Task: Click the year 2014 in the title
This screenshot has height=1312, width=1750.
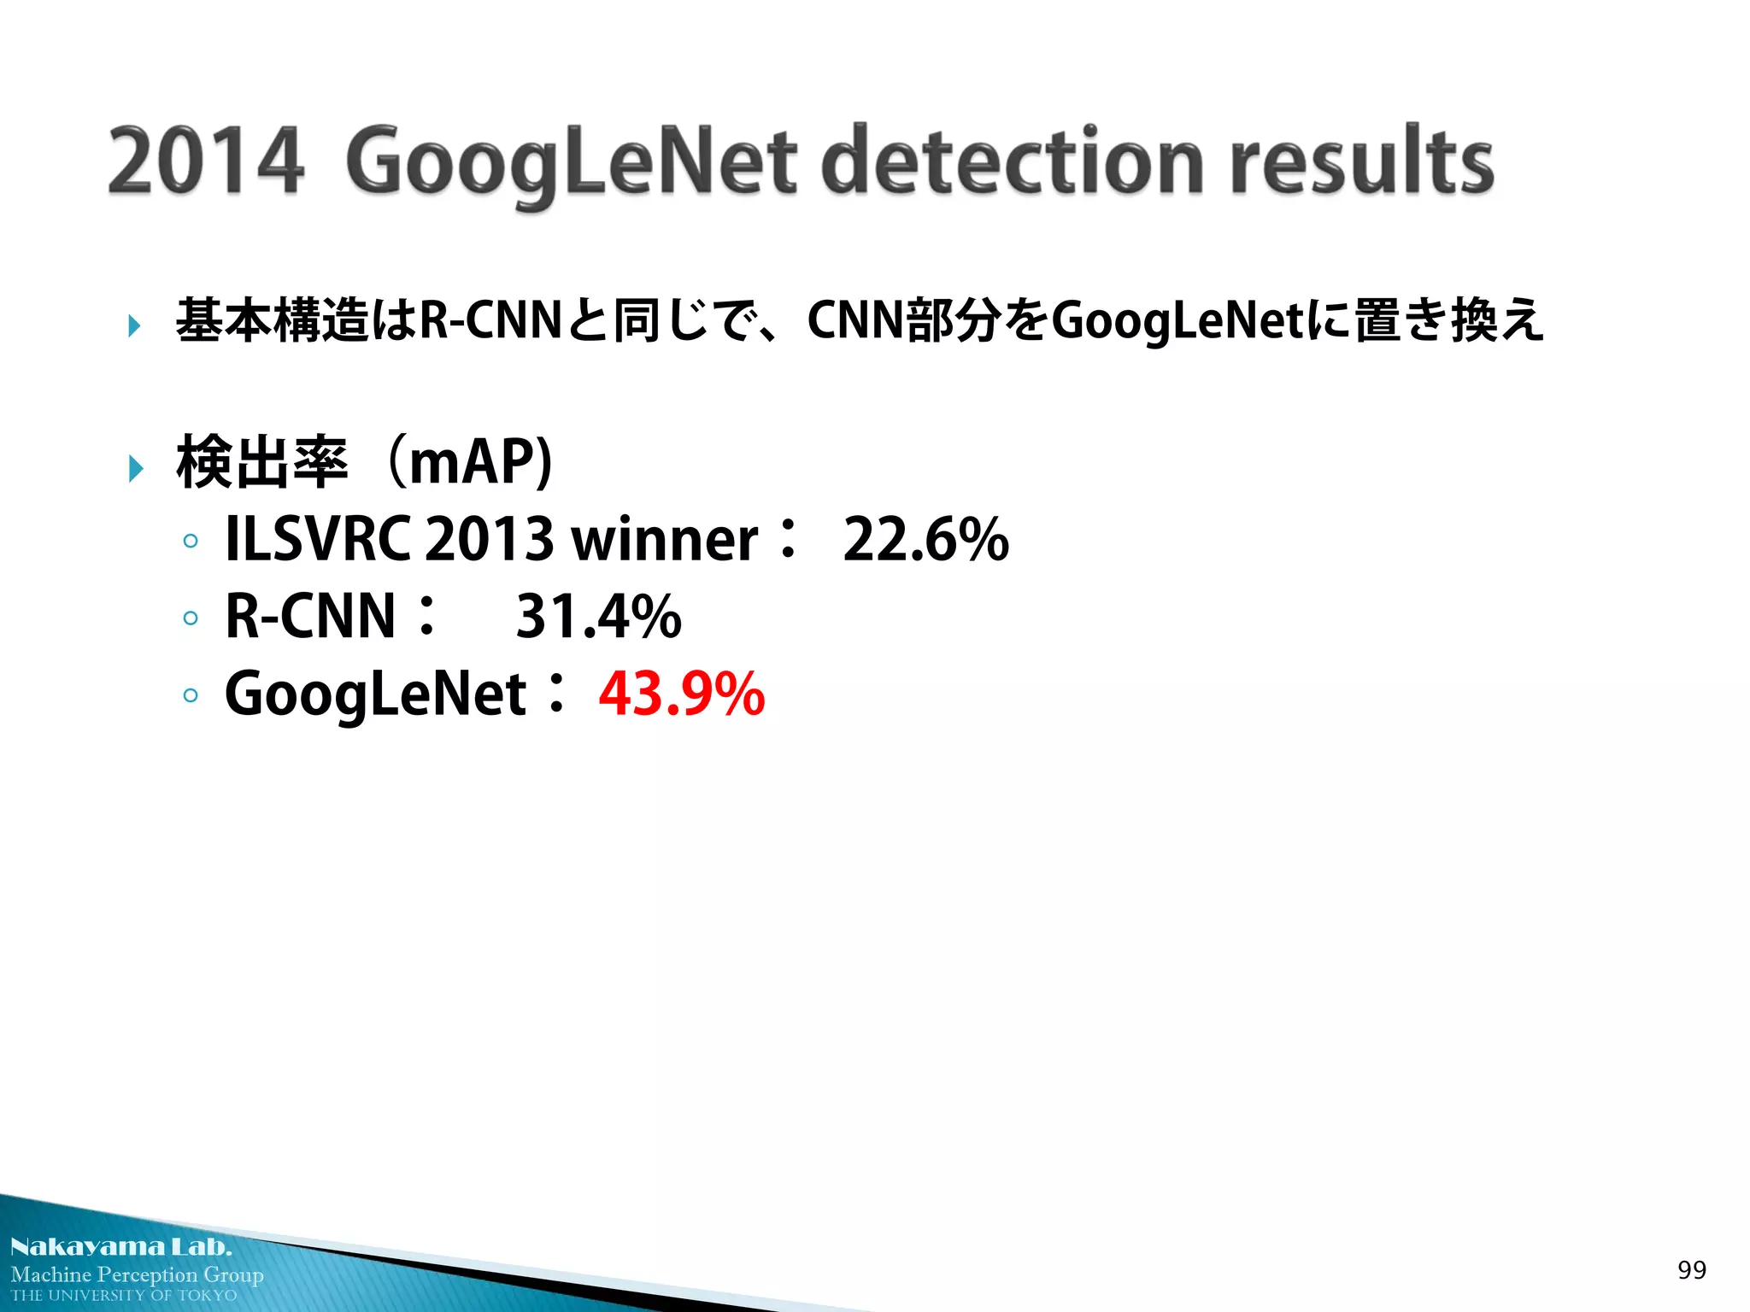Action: (206, 161)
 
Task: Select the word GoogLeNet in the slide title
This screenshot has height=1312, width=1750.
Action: (571, 162)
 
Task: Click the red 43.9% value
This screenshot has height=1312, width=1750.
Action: (681, 693)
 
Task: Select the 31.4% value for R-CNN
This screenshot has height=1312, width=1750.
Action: (598, 616)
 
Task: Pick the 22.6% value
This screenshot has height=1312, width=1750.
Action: (925, 539)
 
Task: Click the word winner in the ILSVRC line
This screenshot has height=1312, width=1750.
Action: (664, 540)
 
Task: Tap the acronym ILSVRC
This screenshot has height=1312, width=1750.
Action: (317, 539)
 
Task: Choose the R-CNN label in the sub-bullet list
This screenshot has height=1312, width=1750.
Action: (310, 616)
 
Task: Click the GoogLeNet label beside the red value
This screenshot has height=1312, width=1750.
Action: (375, 694)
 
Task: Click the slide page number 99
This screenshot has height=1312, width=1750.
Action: (1691, 1270)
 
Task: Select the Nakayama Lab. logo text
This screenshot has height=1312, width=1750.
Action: (120, 1247)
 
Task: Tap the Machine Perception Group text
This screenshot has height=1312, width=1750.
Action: (137, 1274)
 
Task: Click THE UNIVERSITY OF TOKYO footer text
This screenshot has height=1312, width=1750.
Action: (124, 1296)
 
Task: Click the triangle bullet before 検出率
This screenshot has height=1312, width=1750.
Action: (135, 468)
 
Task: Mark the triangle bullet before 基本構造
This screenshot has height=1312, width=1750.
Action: (134, 325)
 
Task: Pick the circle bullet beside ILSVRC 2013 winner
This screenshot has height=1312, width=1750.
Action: (191, 541)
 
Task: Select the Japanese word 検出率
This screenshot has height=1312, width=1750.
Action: (261, 462)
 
